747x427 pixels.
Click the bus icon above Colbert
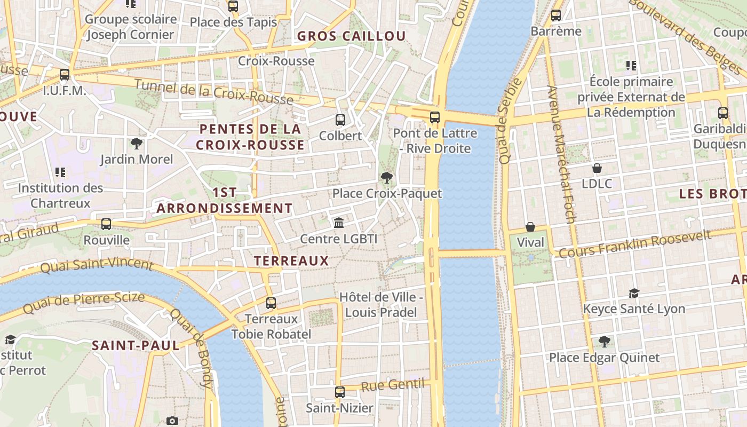point(340,120)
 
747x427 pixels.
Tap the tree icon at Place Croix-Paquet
point(387,178)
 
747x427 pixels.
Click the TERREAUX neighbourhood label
point(291,260)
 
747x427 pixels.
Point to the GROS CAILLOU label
point(352,36)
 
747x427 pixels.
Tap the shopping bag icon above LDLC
point(597,168)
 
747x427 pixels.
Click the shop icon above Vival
point(530,227)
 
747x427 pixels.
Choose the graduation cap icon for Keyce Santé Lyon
point(634,293)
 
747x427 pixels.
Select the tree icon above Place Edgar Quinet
point(605,342)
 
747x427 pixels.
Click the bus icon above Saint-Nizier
point(340,392)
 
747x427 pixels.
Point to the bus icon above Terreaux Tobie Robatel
point(271,303)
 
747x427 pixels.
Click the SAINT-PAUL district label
point(136,345)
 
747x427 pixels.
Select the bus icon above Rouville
point(106,224)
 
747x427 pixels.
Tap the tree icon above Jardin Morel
point(137,143)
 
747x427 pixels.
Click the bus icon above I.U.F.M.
point(65,75)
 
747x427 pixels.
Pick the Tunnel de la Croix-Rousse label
point(213,92)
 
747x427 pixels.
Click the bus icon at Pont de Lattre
point(435,117)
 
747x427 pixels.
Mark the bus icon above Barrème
point(556,15)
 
